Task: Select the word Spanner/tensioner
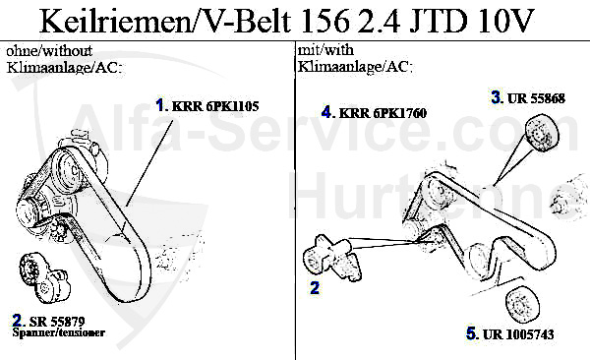click(58, 333)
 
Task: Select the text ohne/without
click(45, 50)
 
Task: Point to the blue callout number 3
click(497, 97)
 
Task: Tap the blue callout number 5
click(471, 333)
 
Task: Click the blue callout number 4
click(326, 112)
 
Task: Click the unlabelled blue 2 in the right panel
click(315, 288)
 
